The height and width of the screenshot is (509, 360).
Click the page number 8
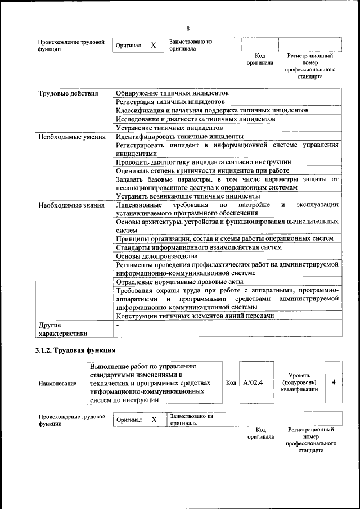click(188, 28)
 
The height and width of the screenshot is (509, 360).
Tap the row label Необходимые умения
click(71, 137)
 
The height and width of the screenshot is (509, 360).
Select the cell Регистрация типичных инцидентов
click(170, 102)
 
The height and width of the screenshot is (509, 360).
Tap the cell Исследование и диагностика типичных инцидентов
click(195, 119)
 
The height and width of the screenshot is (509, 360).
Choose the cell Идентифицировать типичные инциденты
click(179, 137)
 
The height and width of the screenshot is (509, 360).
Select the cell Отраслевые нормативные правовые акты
click(179, 281)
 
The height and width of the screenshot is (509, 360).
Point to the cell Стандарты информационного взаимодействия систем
click(199, 247)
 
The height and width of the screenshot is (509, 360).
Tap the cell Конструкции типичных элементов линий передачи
click(195, 316)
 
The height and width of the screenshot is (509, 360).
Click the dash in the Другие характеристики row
click(118, 325)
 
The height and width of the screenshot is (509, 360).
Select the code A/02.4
click(253, 382)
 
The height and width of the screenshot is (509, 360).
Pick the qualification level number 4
click(334, 382)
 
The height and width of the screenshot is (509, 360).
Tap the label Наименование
click(57, 383)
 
